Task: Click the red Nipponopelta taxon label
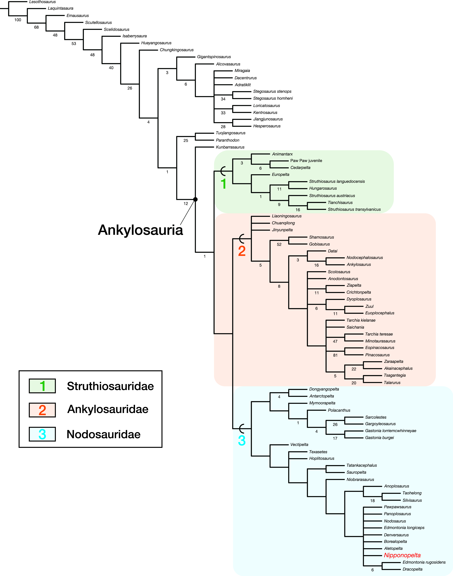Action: [x=402, y=555]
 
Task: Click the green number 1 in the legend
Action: [x=42, y=386]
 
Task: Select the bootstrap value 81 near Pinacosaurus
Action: [x=335, y=355]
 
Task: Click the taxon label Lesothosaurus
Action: [x=42, y=2]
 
